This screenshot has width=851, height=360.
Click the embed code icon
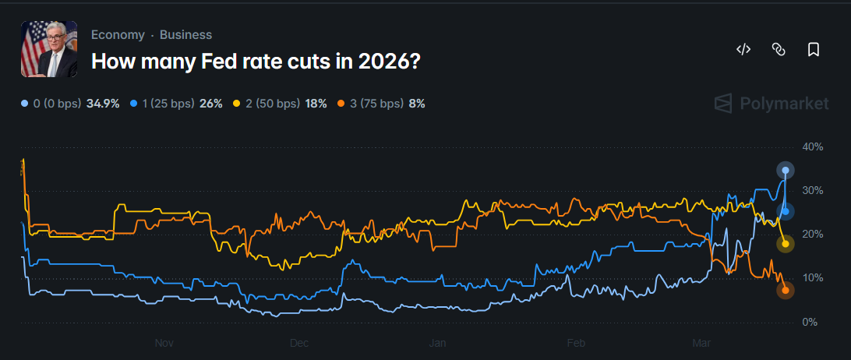[743, 50]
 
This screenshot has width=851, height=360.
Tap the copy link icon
[778, 50]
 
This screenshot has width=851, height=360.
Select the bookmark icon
[813, 50]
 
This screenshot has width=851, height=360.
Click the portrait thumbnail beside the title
[49, 49]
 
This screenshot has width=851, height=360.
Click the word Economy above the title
[118, 35]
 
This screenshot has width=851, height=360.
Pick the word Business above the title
[185, 35]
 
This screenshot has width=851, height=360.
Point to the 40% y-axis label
[812, 146]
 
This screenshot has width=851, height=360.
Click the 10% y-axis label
[812, 278]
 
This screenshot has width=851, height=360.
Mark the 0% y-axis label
[810, 322]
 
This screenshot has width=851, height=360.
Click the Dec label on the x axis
[300, 343]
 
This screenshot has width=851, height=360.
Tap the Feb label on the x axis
[576, 343]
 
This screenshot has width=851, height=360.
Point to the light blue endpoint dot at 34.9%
[786, 171]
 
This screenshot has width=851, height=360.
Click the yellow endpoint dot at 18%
[786, 244]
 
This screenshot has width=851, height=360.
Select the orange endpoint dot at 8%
[786, 291]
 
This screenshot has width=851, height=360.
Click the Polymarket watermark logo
[772, 104]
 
